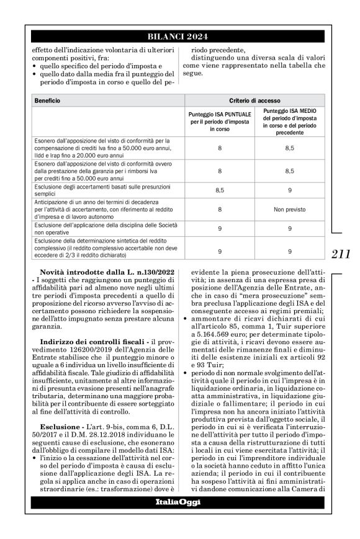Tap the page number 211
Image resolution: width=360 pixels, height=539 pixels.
pos(341,254)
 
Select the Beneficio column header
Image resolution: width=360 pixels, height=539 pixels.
pos(48,100)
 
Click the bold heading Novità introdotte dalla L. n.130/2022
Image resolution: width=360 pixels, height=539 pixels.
pos(106,273)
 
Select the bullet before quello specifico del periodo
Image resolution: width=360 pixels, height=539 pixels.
pos(36,66)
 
